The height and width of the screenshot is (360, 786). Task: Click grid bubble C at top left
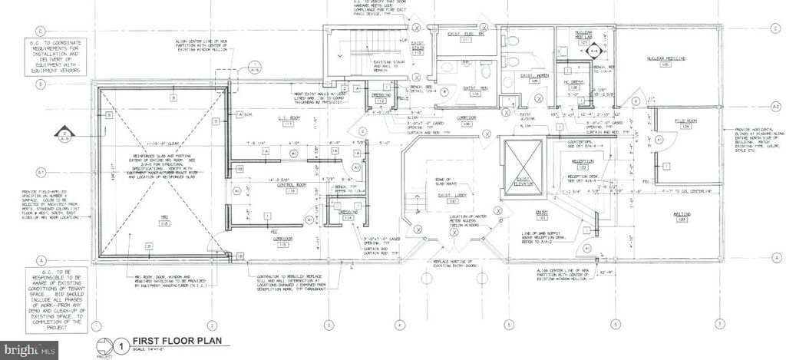[37, 31]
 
